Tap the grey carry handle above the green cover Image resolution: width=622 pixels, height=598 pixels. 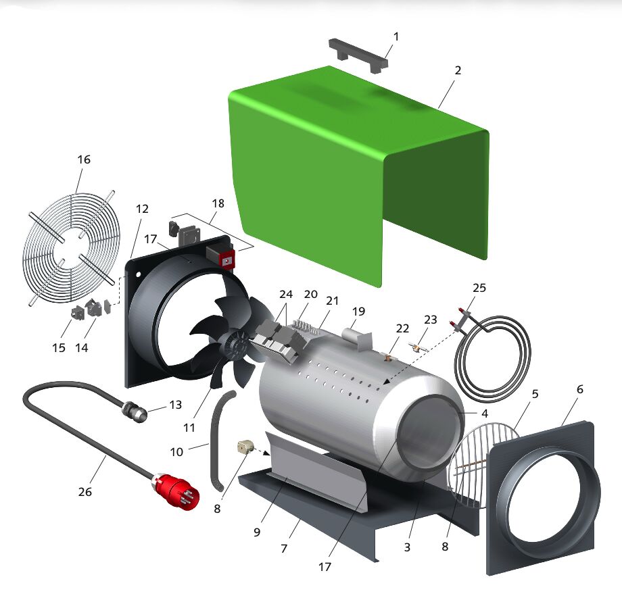point(358,55)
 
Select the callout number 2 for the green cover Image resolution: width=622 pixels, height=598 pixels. point(458,70)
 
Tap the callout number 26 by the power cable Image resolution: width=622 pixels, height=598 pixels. point(85,492)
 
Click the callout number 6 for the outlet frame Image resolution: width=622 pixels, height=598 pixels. point(579,389)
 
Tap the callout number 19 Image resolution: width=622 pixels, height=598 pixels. point(358,312)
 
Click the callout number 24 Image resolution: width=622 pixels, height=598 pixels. point(285,294)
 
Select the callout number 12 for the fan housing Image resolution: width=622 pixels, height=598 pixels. point(142,209)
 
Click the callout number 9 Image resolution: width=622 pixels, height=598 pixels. point(257,532)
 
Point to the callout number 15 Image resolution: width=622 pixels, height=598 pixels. point(59,348)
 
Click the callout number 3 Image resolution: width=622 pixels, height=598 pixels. point(407,547)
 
